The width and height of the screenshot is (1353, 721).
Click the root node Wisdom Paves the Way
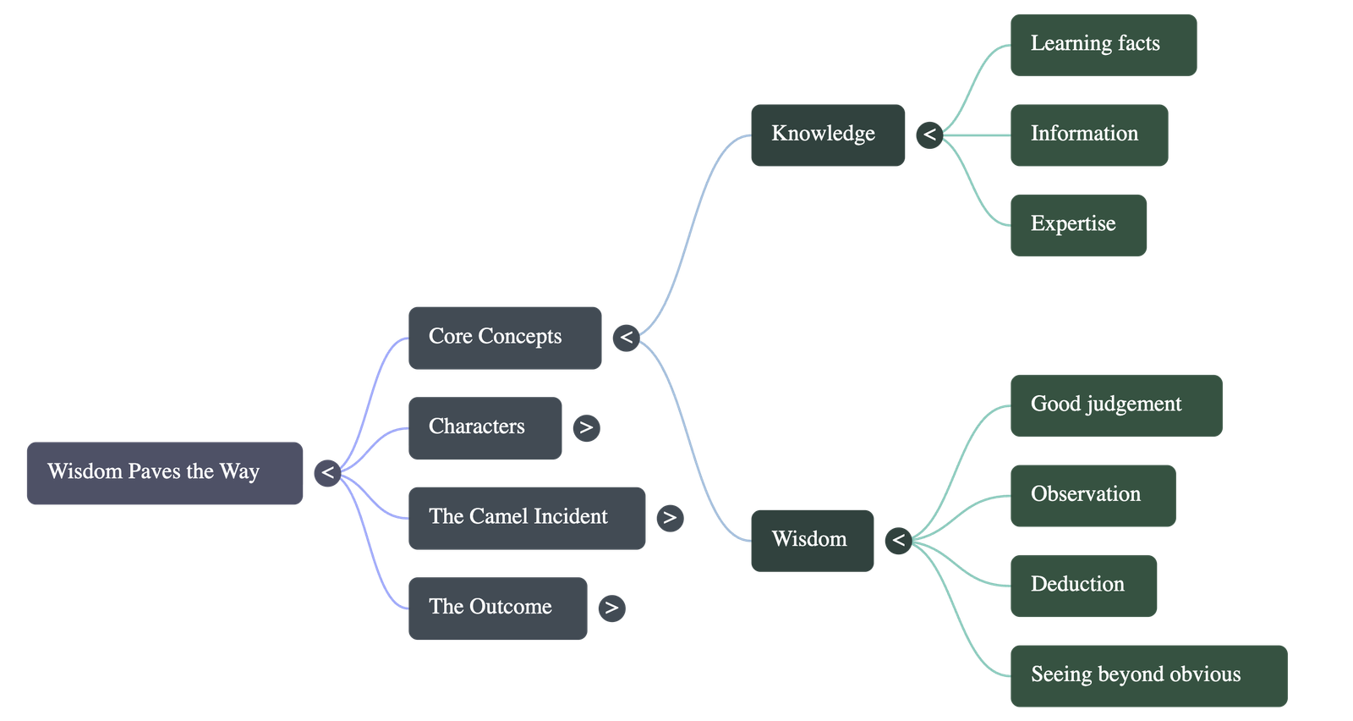165,473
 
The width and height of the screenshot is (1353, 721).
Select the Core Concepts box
505,338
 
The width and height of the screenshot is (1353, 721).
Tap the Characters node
485,427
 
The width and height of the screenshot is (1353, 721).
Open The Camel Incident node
527,518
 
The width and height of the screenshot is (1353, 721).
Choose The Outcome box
497,608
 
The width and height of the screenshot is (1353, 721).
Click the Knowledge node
828,135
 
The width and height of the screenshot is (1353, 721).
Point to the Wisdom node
812,540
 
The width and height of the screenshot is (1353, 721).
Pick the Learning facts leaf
1104,45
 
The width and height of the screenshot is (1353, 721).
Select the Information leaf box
1089,135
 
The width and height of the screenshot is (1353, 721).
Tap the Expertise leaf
1078,225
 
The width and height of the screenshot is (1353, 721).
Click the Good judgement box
1116,405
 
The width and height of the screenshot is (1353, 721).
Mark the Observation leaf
1093,495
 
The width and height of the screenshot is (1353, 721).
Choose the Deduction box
1083,586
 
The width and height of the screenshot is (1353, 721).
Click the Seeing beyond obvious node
1148,675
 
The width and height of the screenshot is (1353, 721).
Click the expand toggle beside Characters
586,427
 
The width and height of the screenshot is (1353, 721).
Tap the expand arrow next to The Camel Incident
670,517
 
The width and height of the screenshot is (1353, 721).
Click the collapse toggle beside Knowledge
929,135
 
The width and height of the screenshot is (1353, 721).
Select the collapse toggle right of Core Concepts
626,338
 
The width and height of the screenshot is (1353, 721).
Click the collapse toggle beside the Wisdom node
898,540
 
